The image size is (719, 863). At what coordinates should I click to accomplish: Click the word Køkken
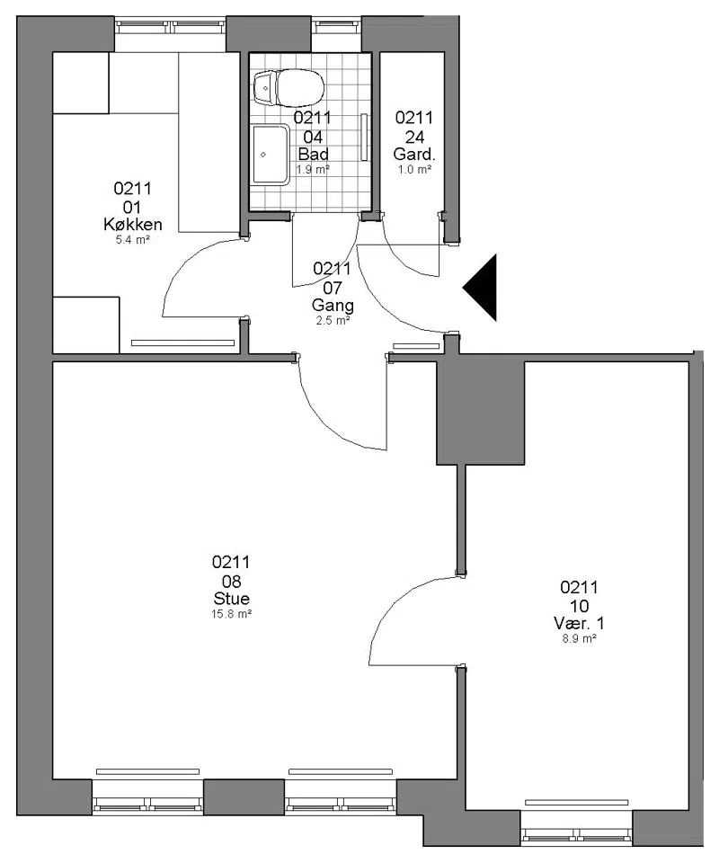click(133, 224)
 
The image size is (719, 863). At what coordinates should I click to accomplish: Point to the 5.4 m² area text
click(133, 240)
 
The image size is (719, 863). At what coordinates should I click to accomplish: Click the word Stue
click(232, 599)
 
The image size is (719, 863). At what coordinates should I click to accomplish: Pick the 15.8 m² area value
click(232, 614)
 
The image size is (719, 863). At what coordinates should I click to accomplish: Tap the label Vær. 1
click(579, 623)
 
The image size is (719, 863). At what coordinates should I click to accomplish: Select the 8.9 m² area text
click(579, 638)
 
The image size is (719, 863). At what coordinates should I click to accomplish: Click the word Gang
click(333, 305)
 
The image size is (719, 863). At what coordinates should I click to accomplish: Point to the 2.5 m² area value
click(333, 320)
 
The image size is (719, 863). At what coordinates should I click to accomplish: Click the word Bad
click(313, 154)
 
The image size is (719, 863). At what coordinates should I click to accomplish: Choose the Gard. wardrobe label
click(414, 154)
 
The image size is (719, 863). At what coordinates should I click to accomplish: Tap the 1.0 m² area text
click(414, 170)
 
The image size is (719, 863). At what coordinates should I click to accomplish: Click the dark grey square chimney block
click(480, 413)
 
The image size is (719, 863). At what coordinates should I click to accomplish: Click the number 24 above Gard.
click(414, 137)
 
